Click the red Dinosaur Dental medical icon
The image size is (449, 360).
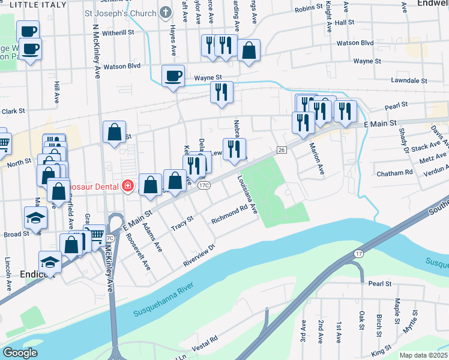point(127,187)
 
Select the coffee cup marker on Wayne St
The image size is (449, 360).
point(173,76)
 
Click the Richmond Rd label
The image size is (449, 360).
point(230,215)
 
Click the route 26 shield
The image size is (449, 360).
point(281,149)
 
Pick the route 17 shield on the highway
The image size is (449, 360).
point(358,255)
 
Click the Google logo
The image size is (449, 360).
point(20,353)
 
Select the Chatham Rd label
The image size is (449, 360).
point(394,173)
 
